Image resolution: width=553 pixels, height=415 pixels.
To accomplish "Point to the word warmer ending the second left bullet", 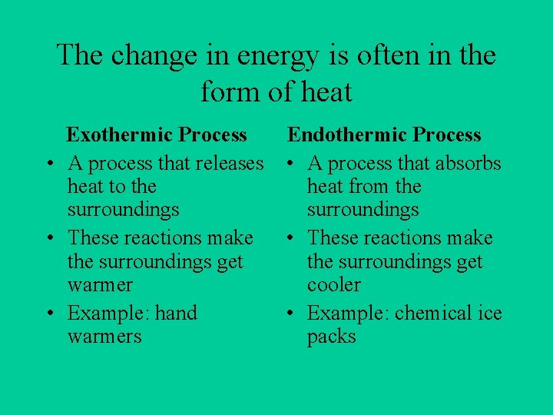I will coord(100,285).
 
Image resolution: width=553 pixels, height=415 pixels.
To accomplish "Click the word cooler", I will coord(333,285).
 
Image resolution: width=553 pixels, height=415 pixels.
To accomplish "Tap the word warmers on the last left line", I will coord(104,337).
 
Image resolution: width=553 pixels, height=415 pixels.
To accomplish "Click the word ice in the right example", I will coord(489,314).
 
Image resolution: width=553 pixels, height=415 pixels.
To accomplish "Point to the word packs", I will coord(331,337).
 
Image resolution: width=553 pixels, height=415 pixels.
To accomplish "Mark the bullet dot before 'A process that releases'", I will coord(48,164).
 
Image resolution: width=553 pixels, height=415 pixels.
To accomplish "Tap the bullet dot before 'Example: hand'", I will coord(48,314).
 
